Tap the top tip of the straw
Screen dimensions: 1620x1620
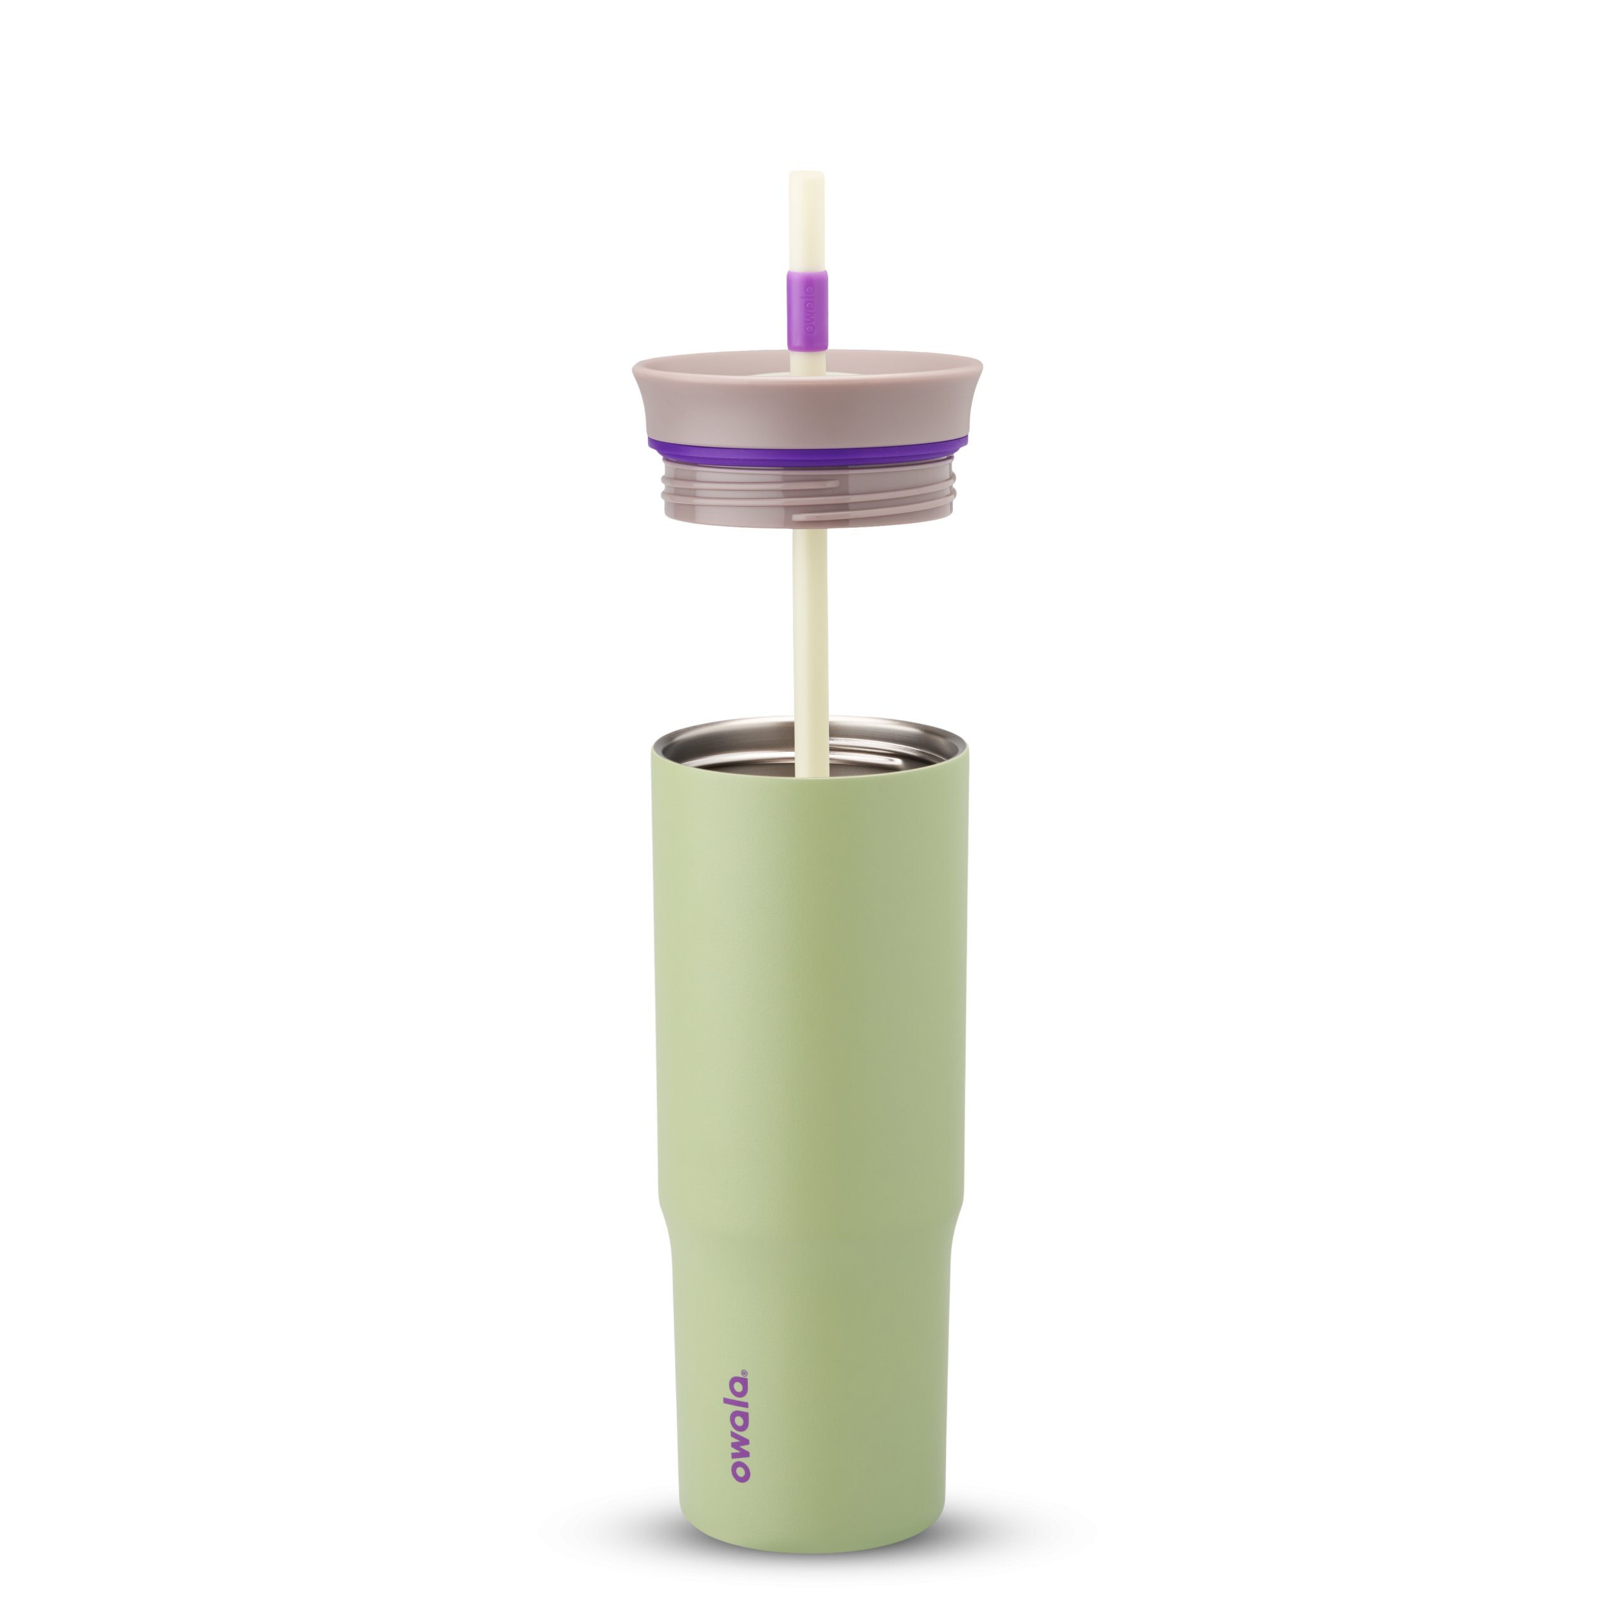[x=805, y=173]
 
